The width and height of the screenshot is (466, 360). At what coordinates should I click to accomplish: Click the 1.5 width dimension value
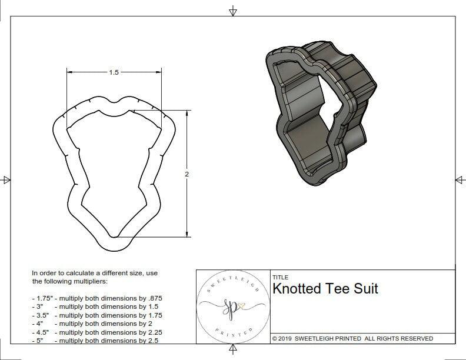tap(114, 72)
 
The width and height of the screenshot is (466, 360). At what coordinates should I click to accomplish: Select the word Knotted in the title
tap(297, 288)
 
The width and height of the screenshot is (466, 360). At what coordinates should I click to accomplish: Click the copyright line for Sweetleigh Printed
tap(352, 338)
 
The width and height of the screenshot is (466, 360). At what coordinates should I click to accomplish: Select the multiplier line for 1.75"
tap(96, 298)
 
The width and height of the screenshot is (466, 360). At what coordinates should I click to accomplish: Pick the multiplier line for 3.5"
tap(96, 315)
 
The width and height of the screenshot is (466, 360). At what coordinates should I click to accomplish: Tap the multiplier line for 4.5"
tap(96, 332)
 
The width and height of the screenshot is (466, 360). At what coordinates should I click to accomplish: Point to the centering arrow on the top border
tap(233, 11)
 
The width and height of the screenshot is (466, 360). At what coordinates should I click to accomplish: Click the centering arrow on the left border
tap(6, 180)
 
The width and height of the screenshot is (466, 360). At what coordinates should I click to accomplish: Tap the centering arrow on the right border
tap(460, 180)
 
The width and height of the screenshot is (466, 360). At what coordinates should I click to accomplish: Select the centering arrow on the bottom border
tap(233, 350)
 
